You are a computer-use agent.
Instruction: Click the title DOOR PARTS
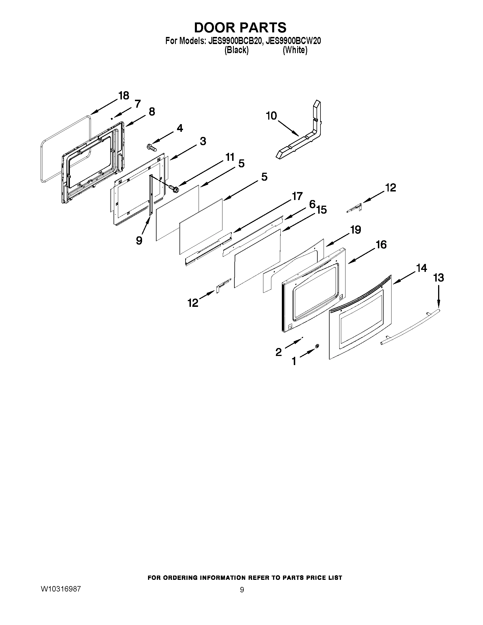tap(240, 28)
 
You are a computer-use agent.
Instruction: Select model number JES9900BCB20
tap(235, 41)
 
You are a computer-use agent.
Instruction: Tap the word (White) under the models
tap(295, 50)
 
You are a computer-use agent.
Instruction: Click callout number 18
tap(124, 95)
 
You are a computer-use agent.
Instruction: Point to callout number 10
tap(271, 116)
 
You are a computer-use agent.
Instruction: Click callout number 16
tap(381, 245)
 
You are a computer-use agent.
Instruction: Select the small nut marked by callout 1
tap(317, 346)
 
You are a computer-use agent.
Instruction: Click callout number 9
tap(139, 240)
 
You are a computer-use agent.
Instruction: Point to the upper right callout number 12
tap(390, 188)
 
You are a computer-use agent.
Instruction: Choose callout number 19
tap(356, 230)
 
